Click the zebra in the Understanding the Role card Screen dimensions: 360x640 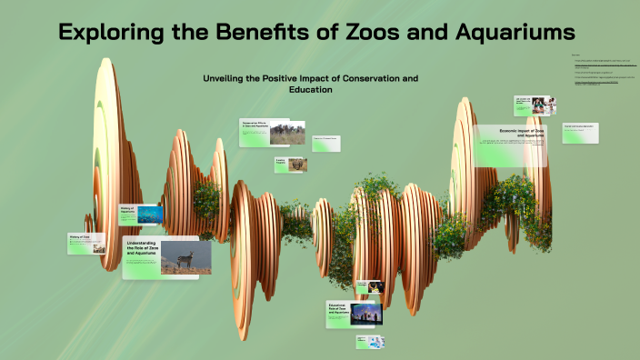(185, 260)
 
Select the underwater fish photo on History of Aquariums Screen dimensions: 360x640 (150, 214)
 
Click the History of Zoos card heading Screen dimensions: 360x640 (80, 237)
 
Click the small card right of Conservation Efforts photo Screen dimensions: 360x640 (327, 143)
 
